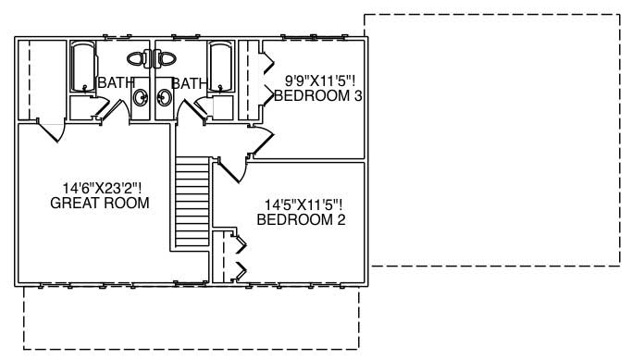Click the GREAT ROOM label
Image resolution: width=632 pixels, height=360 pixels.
(x=99, y=204)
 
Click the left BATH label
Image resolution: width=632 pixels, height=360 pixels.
(x=116, y=83)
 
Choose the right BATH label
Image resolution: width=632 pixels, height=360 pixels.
(x=189, y=83)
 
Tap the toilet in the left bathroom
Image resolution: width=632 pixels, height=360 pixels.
(x=138, y=58)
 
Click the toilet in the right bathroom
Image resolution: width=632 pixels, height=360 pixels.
(x=166, y=58)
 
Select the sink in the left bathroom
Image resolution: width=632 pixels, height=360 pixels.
(x=141, y=97)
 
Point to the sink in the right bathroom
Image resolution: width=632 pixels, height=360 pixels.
(x=165, y=97)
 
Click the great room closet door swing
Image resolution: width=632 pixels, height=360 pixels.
(x=51, y=130)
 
